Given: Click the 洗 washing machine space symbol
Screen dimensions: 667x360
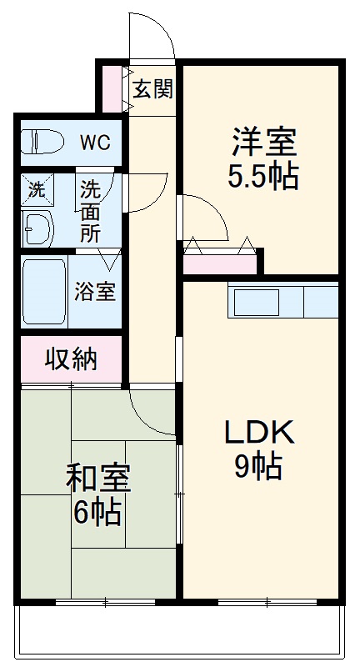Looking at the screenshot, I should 36,189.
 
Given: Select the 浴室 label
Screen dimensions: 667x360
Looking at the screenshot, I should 95,293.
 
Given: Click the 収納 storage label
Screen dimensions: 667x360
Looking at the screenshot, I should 71,359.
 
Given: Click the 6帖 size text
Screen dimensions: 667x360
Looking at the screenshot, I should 97,511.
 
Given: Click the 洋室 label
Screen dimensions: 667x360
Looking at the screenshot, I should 263,142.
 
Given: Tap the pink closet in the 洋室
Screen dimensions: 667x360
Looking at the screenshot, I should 219,265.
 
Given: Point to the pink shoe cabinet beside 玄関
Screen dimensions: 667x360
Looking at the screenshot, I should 112,88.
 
